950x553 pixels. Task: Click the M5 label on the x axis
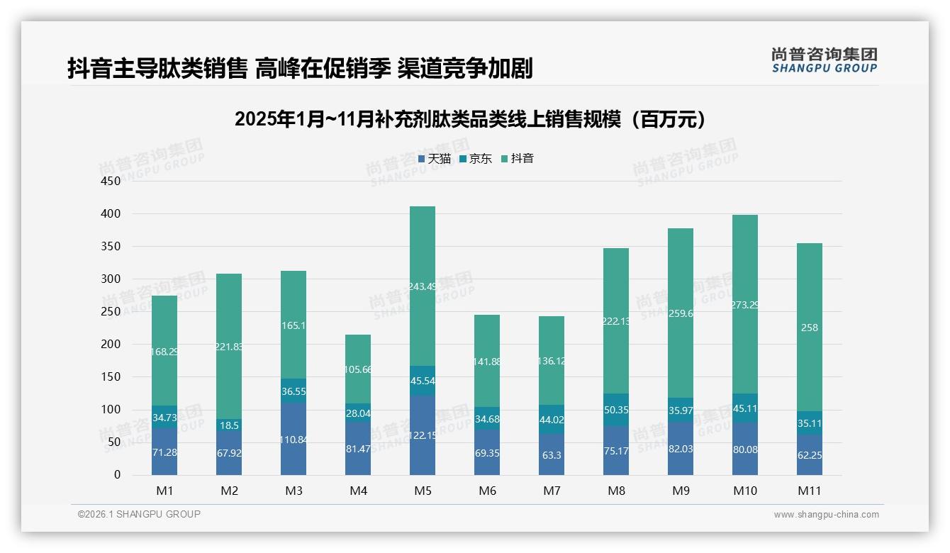coord(422,491)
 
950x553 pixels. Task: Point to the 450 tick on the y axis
coord(111,181)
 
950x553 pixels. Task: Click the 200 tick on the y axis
coord(111,345)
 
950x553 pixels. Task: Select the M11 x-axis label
coord(809,491)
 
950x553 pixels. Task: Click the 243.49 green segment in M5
coord(422,286)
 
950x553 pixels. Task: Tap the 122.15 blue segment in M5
coord(422,435)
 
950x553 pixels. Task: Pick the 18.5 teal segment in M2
coord(229,425)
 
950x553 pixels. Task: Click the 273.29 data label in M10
coord(744,305)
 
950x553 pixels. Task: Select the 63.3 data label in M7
coord(552,455)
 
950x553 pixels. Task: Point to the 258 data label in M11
coord(809,328)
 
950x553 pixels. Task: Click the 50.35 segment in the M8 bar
coord(615,410)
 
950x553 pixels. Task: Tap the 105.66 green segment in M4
coord(357,369)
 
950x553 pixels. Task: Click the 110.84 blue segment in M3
coord(293,440)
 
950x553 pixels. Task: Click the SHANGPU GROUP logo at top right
coord(824,60)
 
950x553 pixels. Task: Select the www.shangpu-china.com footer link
coord(826,515)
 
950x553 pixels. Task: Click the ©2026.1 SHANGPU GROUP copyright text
coord(139,514)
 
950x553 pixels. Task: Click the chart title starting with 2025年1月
coord(474,119)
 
